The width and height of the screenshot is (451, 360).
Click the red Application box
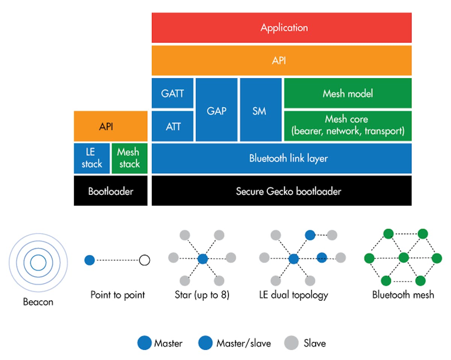(x=281, y=27)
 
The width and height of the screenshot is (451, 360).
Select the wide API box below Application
(x=281, y=61)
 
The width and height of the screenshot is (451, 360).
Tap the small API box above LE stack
(x=110, y=126)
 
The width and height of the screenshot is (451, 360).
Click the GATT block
(x=173, y=93)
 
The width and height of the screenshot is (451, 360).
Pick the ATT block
(x=173, y=126)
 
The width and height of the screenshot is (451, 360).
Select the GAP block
(x=216, y=110)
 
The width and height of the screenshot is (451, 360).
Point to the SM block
(x=260, y=110)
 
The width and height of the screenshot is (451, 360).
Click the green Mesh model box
(x=348, y=93)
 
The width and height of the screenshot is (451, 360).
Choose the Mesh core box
(x=348, y=126)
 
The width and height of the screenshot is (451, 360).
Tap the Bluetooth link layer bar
(x=281, y=158)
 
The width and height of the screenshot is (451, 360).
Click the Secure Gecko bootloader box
(x=281, y=191)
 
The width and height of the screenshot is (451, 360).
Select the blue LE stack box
(x=92, y=158)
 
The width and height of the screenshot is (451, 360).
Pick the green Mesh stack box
(x=129, y=158)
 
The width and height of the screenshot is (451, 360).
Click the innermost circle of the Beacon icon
(x=38, y=262)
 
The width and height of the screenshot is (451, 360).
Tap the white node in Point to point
(x=144, y=260)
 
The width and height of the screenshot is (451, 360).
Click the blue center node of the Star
(x=202, y=258)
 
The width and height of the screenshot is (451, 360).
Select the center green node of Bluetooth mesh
(x=404, y=258)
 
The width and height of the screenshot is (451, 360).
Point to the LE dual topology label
(x=293, y=295)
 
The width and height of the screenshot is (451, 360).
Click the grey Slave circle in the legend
(x=290, y=343)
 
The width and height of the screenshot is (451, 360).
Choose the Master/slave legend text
(x=244, y=343)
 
